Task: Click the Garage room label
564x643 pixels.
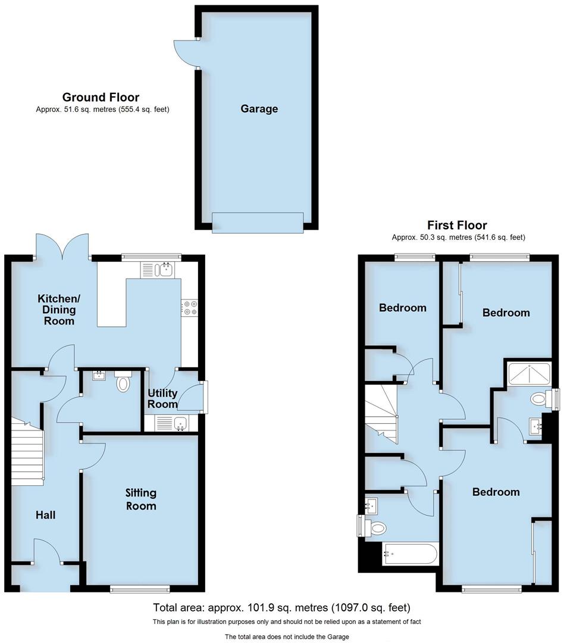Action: pyautogui.click(x=259, y=109)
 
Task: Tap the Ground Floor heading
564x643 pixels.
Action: pyautogui.click(x=101, y=97)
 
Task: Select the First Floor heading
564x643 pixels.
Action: pyautogui.click(x=457, y=225)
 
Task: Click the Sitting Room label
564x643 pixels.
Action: pyautogui.click(x=141, y=499)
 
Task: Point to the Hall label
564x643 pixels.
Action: pyautogui.click(x=45, y=514)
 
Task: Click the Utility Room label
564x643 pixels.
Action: pyautogui.click(x=163, y=398)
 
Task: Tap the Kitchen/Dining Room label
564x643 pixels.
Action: pyautogui.click(x=57, y=309)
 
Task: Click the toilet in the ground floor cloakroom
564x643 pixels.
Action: pyautogui.click(x=123, y=382)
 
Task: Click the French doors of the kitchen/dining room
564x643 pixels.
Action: pyautogui.click(x=62, y=247)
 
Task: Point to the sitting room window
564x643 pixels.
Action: pyautogui.click(x=140, y=589)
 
